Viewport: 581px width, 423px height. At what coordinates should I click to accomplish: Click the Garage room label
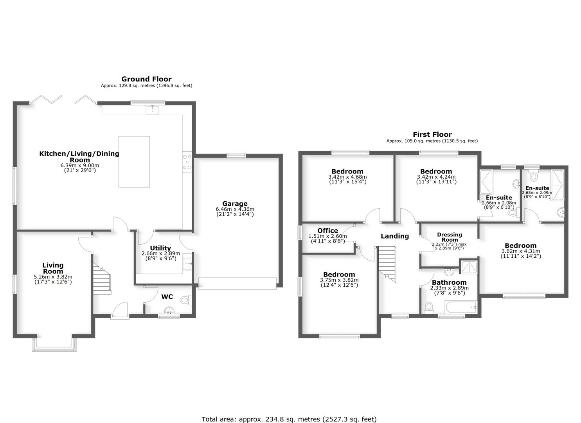click(235, 204)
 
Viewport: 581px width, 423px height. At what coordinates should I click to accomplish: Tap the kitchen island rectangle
click(134, 161)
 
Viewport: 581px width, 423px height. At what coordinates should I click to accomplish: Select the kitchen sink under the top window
click(153, 110)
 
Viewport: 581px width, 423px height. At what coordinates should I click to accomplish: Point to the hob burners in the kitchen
click(187, 162)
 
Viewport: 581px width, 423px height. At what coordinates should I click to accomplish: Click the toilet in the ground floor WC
click(185, 300)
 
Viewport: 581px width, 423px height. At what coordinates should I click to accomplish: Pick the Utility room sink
click(188, 263)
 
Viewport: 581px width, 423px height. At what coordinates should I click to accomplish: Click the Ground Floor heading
click(146, 79)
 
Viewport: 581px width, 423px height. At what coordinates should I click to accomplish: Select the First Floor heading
click(432, 135)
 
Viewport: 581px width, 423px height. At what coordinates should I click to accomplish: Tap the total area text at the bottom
click(289, 419)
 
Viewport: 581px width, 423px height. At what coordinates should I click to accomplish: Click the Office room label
click(327, 231)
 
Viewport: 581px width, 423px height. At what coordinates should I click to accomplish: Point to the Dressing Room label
click(450, 237)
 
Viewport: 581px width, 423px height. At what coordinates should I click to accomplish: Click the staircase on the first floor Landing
click(387, 263)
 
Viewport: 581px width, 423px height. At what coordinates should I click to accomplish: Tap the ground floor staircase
click(102, 278)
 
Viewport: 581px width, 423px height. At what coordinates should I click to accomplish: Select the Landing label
click(395, 236)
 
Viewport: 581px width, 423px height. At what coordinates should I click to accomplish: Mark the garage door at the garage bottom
click(237, 283)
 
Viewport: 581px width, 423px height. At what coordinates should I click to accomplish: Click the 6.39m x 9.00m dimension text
click(80, 165)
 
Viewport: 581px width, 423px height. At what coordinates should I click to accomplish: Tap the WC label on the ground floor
click(167, 297)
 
